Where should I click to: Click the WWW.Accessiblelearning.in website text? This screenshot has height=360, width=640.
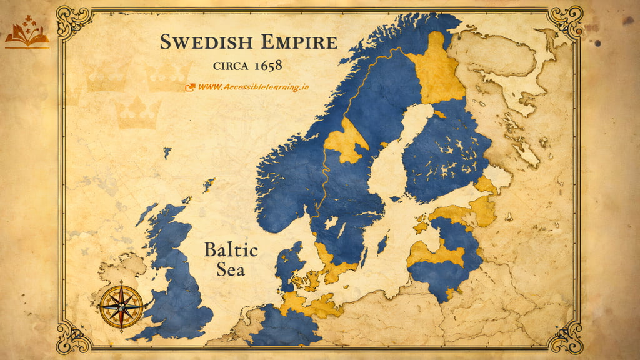(x=254, y=87)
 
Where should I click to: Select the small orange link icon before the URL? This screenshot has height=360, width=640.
(x=190, y=87)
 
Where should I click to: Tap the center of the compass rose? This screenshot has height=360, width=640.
(x=121, y=306)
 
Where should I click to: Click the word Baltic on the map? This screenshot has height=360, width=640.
(x=231, y=251)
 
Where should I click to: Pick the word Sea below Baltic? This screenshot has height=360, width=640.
(x=231, y=270)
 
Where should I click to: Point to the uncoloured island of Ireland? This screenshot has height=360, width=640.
(x=119, y=275)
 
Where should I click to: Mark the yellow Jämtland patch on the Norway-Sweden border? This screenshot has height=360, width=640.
(x=347, y=141)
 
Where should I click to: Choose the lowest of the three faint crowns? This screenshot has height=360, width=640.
(x=137, y=112)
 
